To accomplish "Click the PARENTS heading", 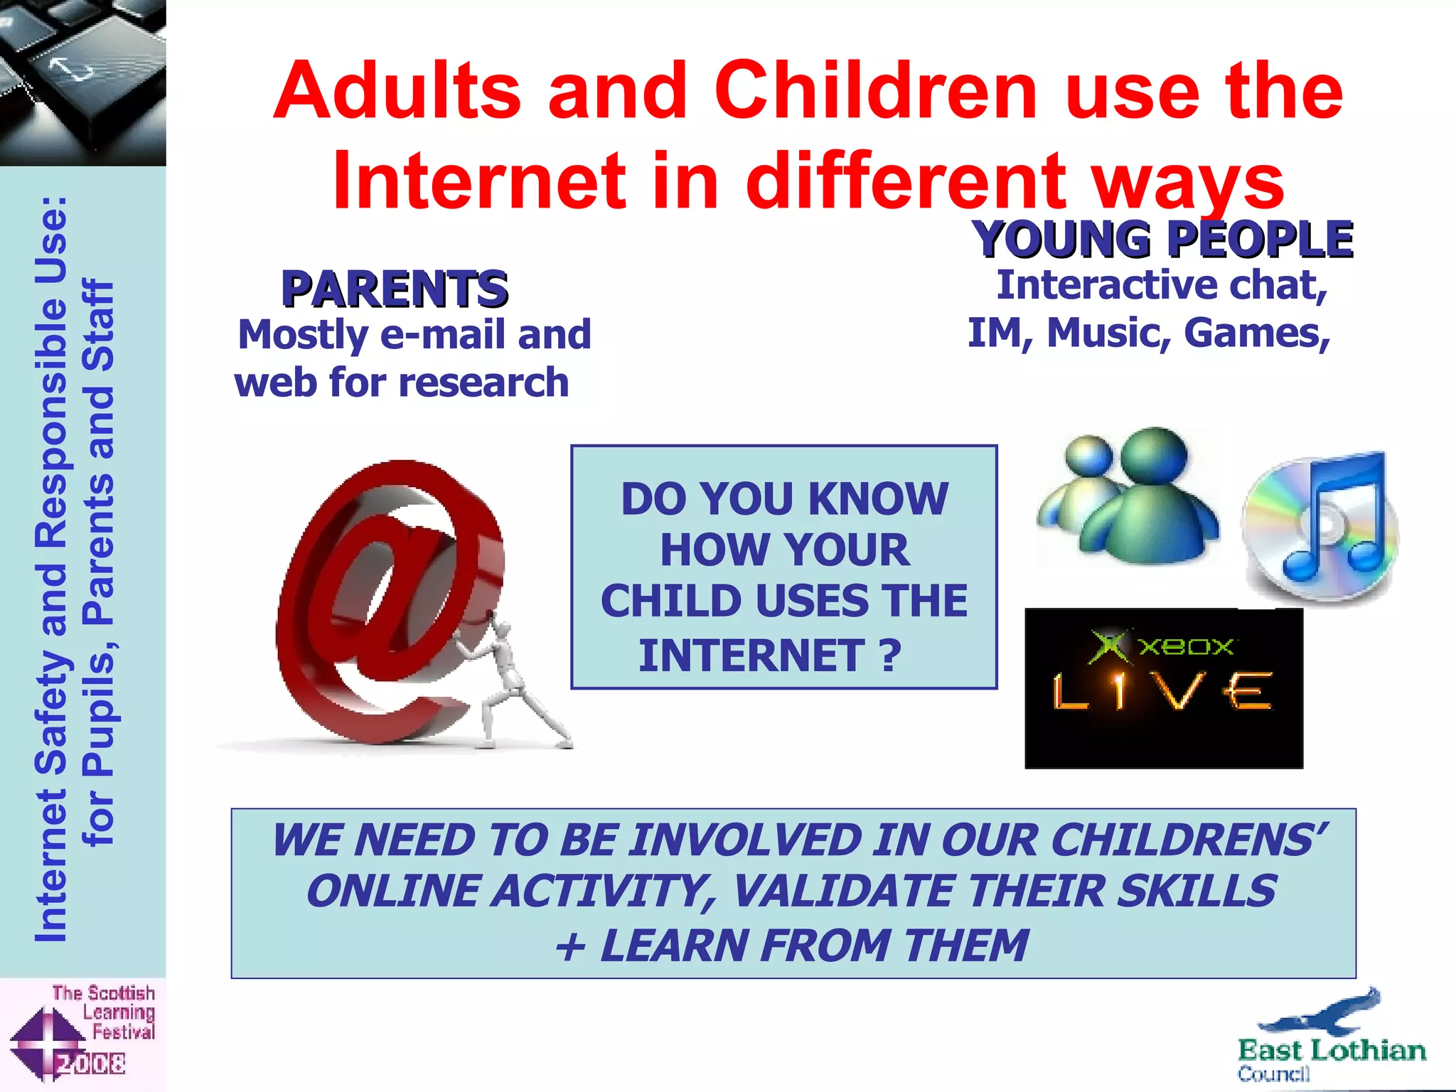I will [x=395, y=289].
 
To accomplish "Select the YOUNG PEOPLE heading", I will [x=1162, y=239].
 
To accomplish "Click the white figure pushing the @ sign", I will [x=508, y=682].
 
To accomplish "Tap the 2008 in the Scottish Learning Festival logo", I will [x=91, y=1064].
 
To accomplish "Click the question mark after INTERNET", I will [x=889, y=655].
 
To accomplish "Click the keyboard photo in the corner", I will [x=82, y=82].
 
